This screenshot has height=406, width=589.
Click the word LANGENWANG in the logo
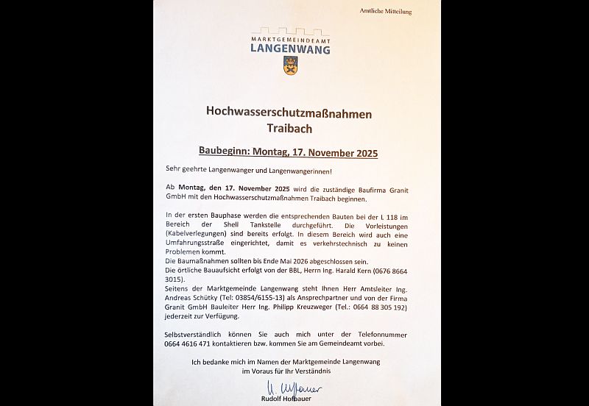coord(290,49)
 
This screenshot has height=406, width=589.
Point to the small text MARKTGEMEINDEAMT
coord(290,38)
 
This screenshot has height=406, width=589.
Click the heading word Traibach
coord(289,129)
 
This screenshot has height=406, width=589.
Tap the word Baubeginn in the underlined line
coord(224,153)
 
